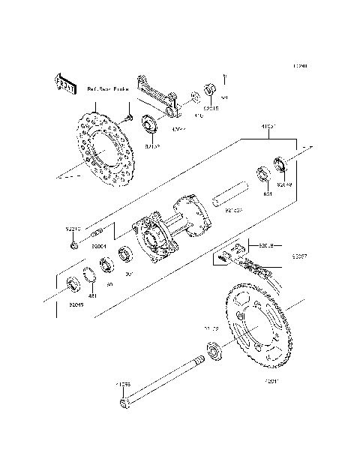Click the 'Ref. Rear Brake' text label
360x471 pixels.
click(x=108, y=89)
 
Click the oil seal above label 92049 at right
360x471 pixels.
click(x=283, y=163)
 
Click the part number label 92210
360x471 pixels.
click(x=73, y=228)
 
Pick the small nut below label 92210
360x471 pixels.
click(x=73, y=244)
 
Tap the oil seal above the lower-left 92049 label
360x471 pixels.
click(x=73, y=284)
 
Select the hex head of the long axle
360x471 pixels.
click(x=124, y=406)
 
